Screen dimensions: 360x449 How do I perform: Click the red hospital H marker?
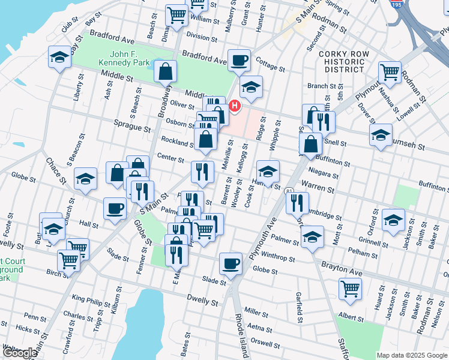[x=235, y=106]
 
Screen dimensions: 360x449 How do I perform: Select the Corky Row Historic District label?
[x=342, y=61]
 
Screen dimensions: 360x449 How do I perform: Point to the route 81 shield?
[x=290, y=191]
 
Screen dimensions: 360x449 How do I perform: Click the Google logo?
[x=20, y=353]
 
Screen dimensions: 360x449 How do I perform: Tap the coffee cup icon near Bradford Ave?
[x=240, y=60]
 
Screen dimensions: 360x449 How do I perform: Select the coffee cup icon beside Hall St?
[x=115, y=209]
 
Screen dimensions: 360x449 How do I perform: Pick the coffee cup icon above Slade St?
[x=231, y=263]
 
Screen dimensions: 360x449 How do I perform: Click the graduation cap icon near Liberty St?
[x=59, y=57]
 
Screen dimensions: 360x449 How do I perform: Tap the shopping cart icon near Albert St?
[x=350, y=288]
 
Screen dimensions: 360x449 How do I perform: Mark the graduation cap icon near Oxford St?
[x=393, y=220]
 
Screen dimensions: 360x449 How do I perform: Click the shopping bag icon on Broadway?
[x=165, y=71]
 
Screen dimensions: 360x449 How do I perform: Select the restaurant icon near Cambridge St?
[x=297, y=203]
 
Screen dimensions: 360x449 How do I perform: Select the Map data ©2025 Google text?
[x=412, y=355]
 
